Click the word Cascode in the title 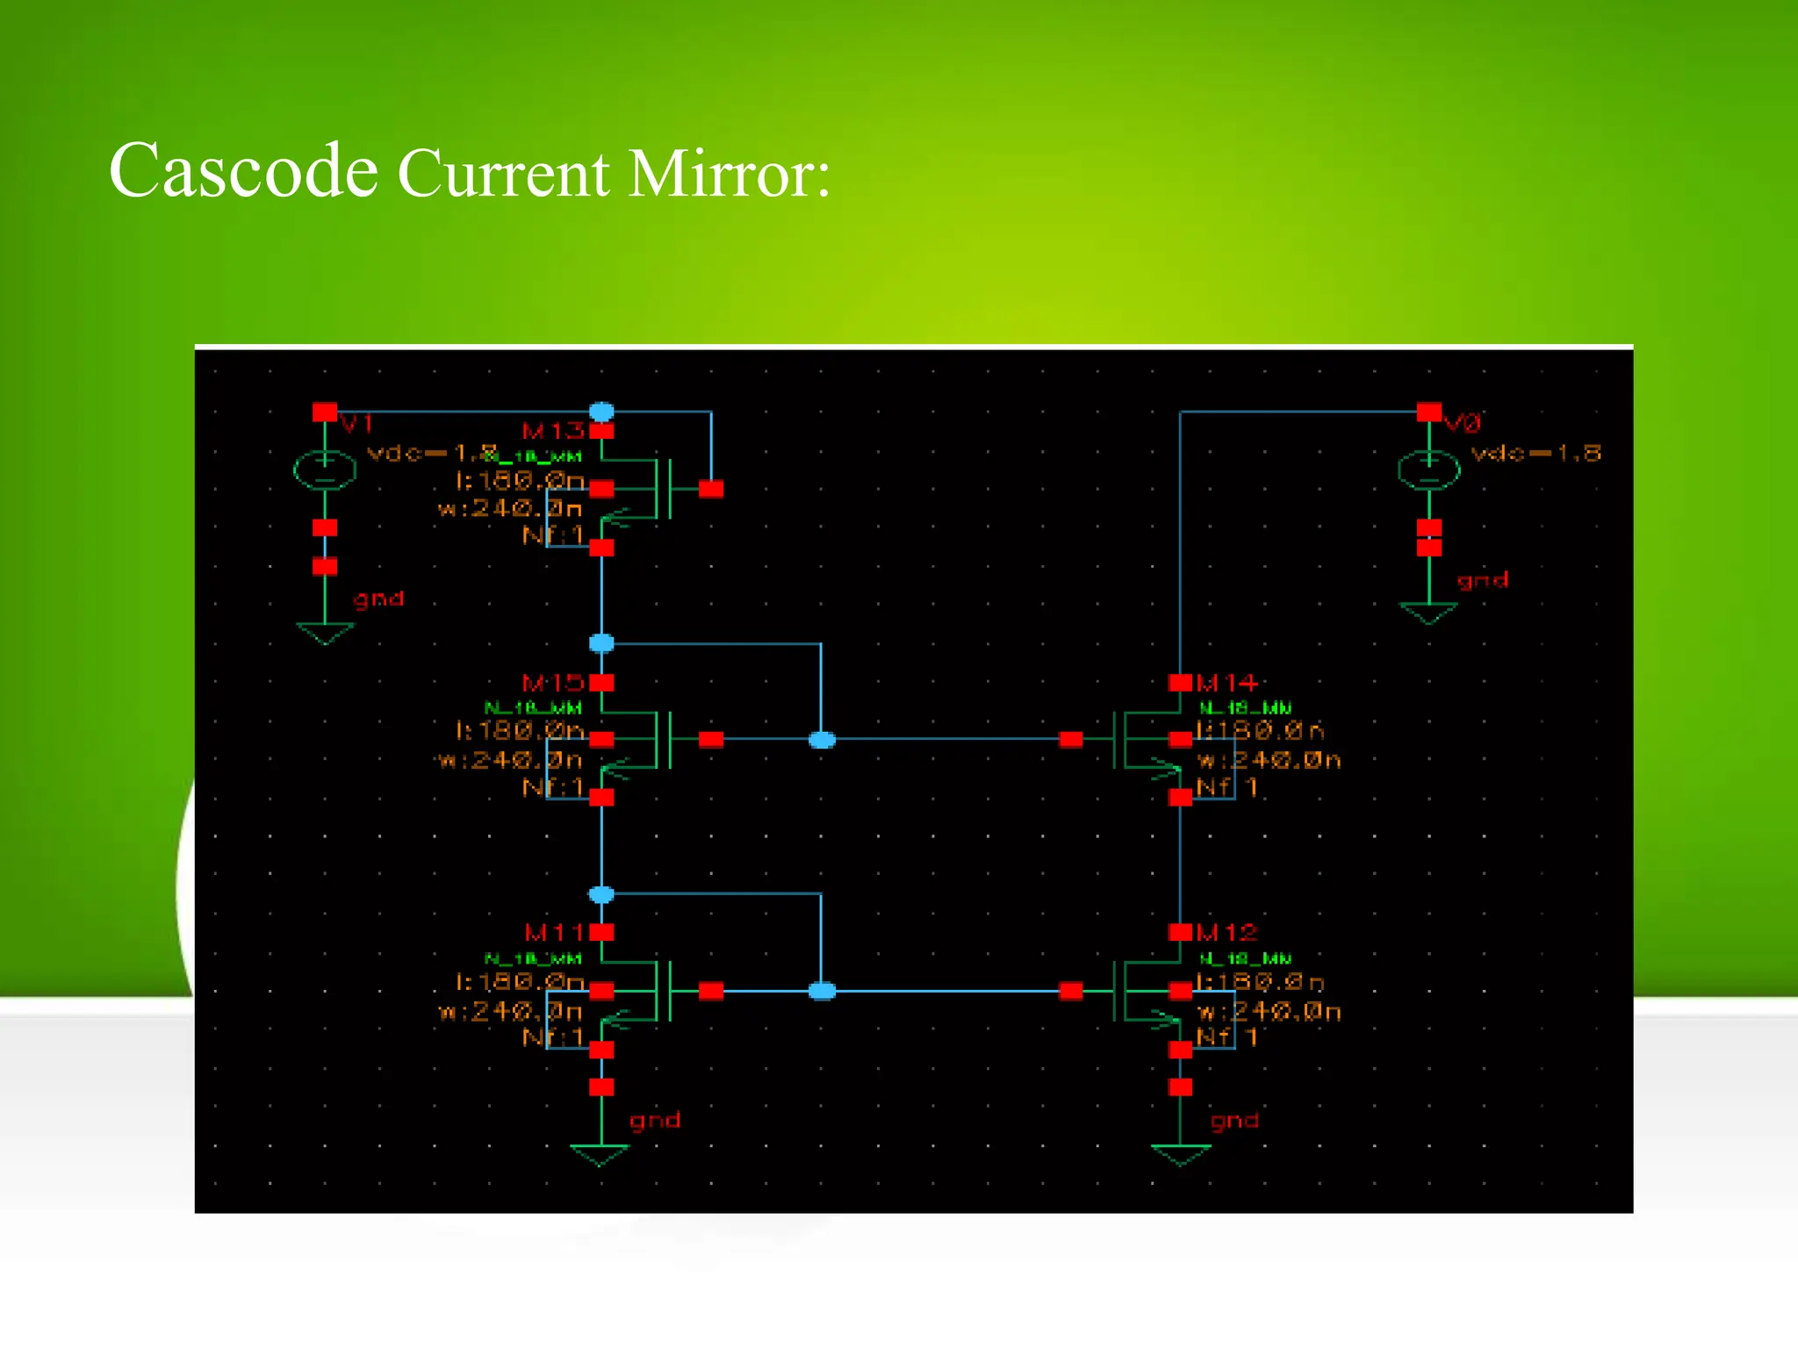coord(243,170)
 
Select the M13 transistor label coord(552,431)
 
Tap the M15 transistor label coord(552,683)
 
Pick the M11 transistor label coord(553,932)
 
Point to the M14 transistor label coord(1226,683)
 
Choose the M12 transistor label coord(1226,932)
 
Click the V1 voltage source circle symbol coord(325,470)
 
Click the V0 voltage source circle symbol coord(1428,470)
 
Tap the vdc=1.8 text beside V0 coord(1535,453)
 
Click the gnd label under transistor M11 coord(654,1120)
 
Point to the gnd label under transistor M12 coord(1234,1121)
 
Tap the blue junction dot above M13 coord(601,412)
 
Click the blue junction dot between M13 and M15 coord(601,643)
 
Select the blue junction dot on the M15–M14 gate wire coord(822,740)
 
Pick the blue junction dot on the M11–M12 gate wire coord(822,991)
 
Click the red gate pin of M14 coord(1071,740)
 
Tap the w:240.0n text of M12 coord(1269,1012)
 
